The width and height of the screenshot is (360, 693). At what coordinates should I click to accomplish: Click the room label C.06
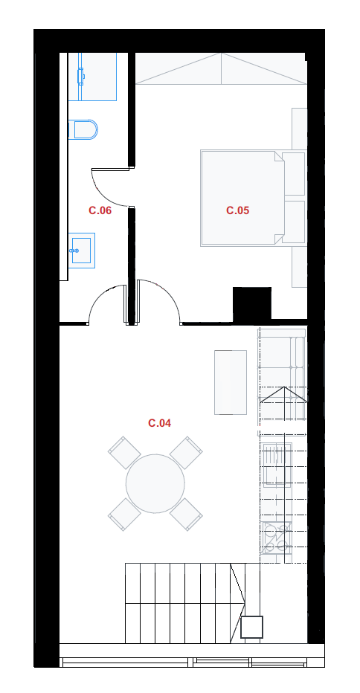coord(100,210)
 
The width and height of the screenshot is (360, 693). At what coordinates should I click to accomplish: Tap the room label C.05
coord(237,210)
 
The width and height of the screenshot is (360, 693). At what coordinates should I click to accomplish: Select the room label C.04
coord(159,423)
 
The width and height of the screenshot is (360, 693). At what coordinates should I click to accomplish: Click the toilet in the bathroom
coord(83,129)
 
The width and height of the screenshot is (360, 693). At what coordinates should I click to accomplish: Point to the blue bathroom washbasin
coord(82,250)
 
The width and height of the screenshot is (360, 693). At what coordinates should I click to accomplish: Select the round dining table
coord(155,483)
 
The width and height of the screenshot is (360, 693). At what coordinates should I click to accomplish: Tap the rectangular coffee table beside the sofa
coord(231,382)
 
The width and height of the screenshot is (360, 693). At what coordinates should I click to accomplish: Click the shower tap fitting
coord(81,76)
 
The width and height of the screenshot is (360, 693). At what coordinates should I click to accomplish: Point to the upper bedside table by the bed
coord(294,174)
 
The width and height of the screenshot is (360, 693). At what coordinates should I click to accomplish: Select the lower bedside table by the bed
coord(294,222)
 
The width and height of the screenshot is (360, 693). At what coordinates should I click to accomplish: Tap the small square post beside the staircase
coord(251,627)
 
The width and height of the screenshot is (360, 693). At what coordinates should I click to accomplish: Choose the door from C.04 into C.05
coord(159,303)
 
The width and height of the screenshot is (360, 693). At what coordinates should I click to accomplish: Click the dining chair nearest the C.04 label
coord(186,453)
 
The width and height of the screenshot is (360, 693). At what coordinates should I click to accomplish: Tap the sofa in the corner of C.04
coord(282,381)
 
